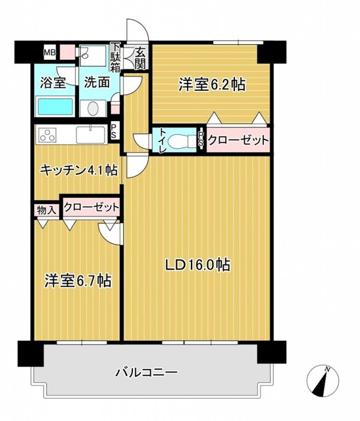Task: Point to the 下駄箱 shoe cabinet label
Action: click(115, 57)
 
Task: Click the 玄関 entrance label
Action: click(140, 58)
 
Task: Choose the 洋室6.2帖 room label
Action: click(213, 84)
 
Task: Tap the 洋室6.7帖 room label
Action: click(77, 281)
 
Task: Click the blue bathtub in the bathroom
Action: click(55, 107)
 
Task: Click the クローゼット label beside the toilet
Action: click(238, 140)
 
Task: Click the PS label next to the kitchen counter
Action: click(115, 132)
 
